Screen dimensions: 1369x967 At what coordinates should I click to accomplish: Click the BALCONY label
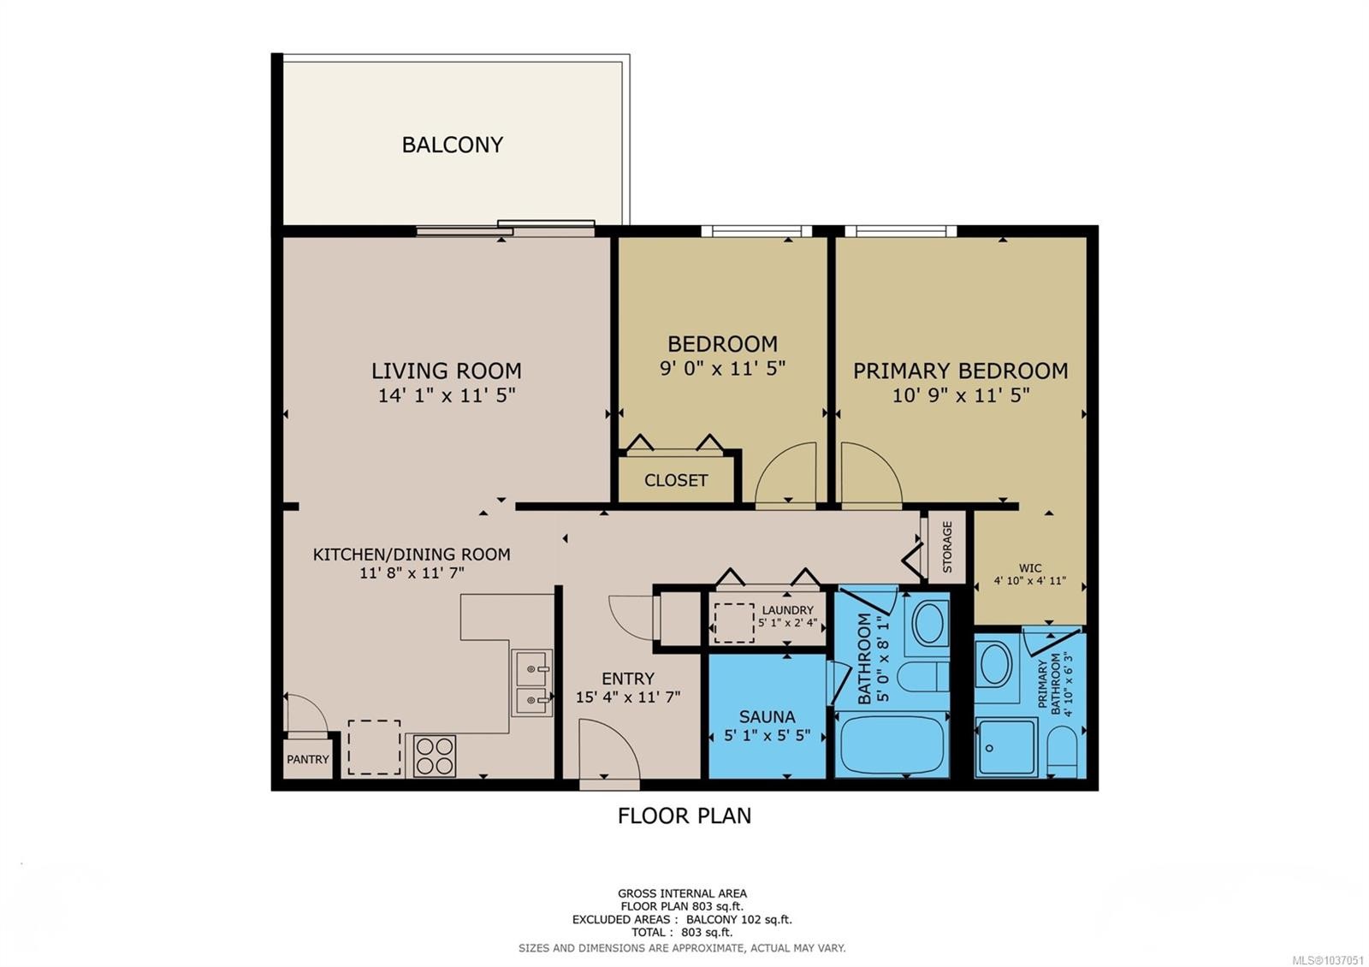[453, 145]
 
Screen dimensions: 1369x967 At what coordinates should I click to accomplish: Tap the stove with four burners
[435, 756]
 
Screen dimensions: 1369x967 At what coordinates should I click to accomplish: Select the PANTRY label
[308, 759]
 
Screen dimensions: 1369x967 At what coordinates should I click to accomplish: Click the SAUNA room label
[767, 716]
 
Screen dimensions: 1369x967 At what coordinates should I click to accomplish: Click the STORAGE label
[947, 547]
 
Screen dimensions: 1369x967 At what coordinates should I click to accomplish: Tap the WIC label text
[1030, 568]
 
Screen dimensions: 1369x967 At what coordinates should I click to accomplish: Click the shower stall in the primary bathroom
[1006, 746]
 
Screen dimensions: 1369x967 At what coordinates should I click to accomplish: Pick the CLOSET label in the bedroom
[676, 480]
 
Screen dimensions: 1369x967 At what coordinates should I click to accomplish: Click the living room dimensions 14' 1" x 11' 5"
[447, 395]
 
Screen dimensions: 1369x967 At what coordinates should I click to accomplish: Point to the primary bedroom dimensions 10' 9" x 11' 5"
[961, 395]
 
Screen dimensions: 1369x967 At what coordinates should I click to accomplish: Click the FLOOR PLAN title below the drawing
[684, 816]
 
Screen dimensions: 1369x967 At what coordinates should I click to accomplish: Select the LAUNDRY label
[788, 610]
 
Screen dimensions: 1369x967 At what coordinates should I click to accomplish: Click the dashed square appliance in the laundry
[734, 623]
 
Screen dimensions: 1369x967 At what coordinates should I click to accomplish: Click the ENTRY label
[628, 679]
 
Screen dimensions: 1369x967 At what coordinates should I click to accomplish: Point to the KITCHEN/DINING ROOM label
[412, 555]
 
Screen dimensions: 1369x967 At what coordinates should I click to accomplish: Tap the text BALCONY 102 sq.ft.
[739, 919]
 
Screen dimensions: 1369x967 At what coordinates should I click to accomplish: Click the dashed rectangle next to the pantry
[374, 747]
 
